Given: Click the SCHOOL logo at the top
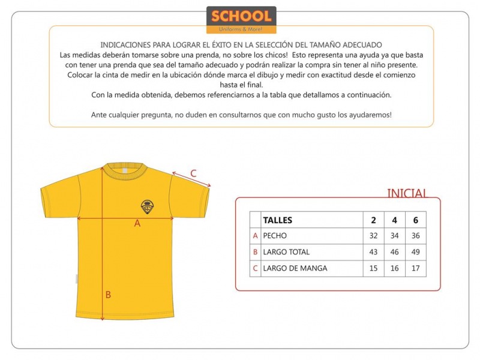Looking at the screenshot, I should [241, 19].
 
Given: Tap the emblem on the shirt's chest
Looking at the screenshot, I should [147, 206].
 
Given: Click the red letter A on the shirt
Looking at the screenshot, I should [137, 223].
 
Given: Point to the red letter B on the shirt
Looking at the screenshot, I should [108, 295].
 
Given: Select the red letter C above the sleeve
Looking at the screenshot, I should [193, 174].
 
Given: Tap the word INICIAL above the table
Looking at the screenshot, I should [407, 193].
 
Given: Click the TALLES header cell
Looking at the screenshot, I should [278, 220].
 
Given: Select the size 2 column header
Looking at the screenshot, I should [374, 220].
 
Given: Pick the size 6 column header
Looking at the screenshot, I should [416, 220].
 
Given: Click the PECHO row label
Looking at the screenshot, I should [275, 236].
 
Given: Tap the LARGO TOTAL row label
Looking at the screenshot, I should [286, 252].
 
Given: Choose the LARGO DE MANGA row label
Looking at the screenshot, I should [295, 268].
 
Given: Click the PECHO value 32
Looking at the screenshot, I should [374, 236].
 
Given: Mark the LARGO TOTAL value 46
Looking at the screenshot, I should [395, 252].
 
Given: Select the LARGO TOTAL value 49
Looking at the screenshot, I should [416, 252].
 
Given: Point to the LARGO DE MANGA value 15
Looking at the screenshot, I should [374, 268].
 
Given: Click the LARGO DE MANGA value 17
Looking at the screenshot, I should [416, 268].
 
